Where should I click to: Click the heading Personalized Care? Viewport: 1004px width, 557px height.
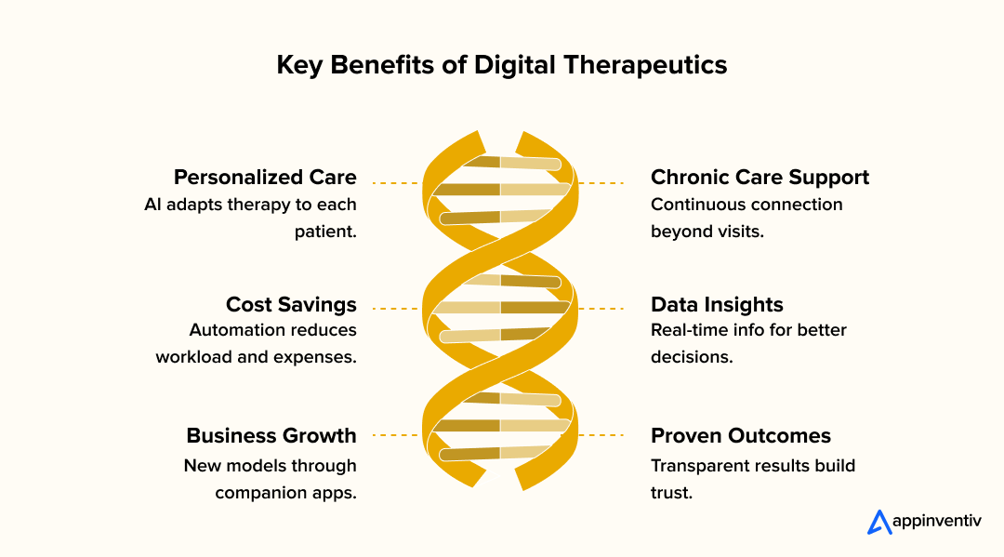point(265,178)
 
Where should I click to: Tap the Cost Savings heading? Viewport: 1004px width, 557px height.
point(291,305)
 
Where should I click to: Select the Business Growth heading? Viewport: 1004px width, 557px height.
point(271,436)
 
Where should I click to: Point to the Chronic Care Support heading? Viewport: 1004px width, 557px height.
point(760,178)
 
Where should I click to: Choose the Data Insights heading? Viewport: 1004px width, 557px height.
point(717,305)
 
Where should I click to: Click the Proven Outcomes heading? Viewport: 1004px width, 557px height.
point(741,436)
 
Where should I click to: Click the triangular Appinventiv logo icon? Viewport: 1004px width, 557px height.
point(878,522)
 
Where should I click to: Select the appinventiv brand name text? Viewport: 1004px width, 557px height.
point(936,523)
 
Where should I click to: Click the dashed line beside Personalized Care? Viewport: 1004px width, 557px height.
point(393,183)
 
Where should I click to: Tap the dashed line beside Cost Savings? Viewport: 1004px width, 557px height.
point(393,308)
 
